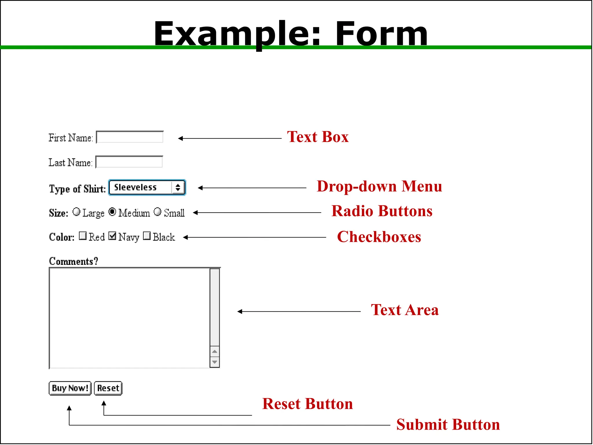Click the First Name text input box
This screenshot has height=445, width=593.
point(130,137)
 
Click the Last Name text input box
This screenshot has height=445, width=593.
point(129,162)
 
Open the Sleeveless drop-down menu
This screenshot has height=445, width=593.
point(147,187)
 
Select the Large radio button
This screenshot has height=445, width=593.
point(76,212)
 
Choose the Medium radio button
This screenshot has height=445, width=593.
point(112,212)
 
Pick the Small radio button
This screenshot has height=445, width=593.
point(158,212)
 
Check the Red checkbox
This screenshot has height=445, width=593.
point(83,236)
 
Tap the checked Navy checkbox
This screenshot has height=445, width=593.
point(112,236)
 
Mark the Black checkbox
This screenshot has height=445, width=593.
point(147,236)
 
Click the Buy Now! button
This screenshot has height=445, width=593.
point(70,388)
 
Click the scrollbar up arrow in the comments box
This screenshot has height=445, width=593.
point(215,352)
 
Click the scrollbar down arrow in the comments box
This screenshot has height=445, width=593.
point(215,362)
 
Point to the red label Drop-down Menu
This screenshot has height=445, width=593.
point(379,186)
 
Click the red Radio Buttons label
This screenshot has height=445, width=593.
point(382,211)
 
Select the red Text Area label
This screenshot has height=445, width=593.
point(405,310)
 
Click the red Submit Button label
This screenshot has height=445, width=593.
point(448,425)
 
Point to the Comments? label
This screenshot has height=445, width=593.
point(74,261)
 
